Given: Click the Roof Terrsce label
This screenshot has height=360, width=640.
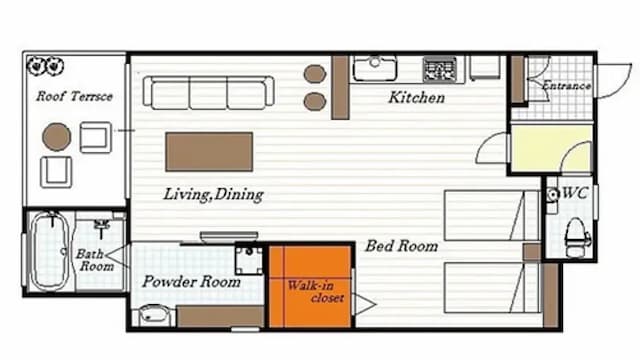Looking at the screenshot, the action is pyautogui.click(x=74, y=96).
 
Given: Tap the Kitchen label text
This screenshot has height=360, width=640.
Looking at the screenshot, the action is pyautogui.click(x=417, y=98).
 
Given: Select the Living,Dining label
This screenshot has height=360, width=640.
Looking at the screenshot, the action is pyautogui.click(x=213, y=194).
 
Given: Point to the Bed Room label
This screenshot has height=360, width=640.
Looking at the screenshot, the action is pyautogui.click(x=402, y=246).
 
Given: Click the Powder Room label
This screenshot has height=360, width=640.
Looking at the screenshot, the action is pyautogui.click(x=191, y=282).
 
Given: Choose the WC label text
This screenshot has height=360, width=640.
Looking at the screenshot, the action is pyautogui.click(x=575, y=193).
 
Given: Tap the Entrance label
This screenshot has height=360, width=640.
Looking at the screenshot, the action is pyautogui.click(x=566, y=86).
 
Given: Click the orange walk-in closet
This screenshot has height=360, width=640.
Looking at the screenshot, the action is pyautogui.click(x=310, y=286).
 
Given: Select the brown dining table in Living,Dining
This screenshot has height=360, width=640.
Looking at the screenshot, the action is pyautogui.click(x=209, y=152).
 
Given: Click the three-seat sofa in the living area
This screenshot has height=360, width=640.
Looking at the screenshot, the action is pyautogui.click(x=208, y=93).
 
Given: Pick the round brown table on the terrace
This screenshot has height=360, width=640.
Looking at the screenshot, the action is pyautogui.click(x=57, y=137).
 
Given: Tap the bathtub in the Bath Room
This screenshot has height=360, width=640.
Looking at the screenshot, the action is pyautogui.click(x=50, y=251).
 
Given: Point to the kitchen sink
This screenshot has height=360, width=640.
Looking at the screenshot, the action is pyautogui.click(x=375, y=68).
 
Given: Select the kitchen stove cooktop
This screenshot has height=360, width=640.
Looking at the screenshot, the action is pyautogui.click(x=440, y=69).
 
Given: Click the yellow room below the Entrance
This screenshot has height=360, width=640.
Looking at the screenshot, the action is pyautogui.click(x=551, y=149).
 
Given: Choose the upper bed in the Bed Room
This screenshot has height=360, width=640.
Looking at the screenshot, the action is pyautogui.click(x=492, y=215).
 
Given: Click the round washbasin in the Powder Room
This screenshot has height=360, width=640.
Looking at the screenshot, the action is pyautogui.click(x=153, y=315).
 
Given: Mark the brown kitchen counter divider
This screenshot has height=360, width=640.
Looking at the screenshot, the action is pyautogui.click(x=340, y=87).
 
